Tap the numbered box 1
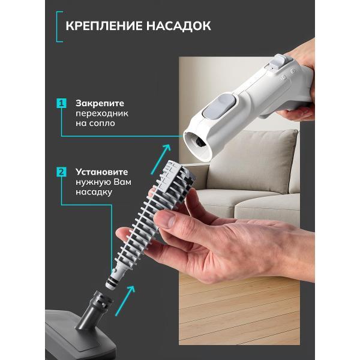tap(61, 103)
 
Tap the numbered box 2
tap(61, 172)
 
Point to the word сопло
tap(101, 123)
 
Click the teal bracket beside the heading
tap(59, 26)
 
